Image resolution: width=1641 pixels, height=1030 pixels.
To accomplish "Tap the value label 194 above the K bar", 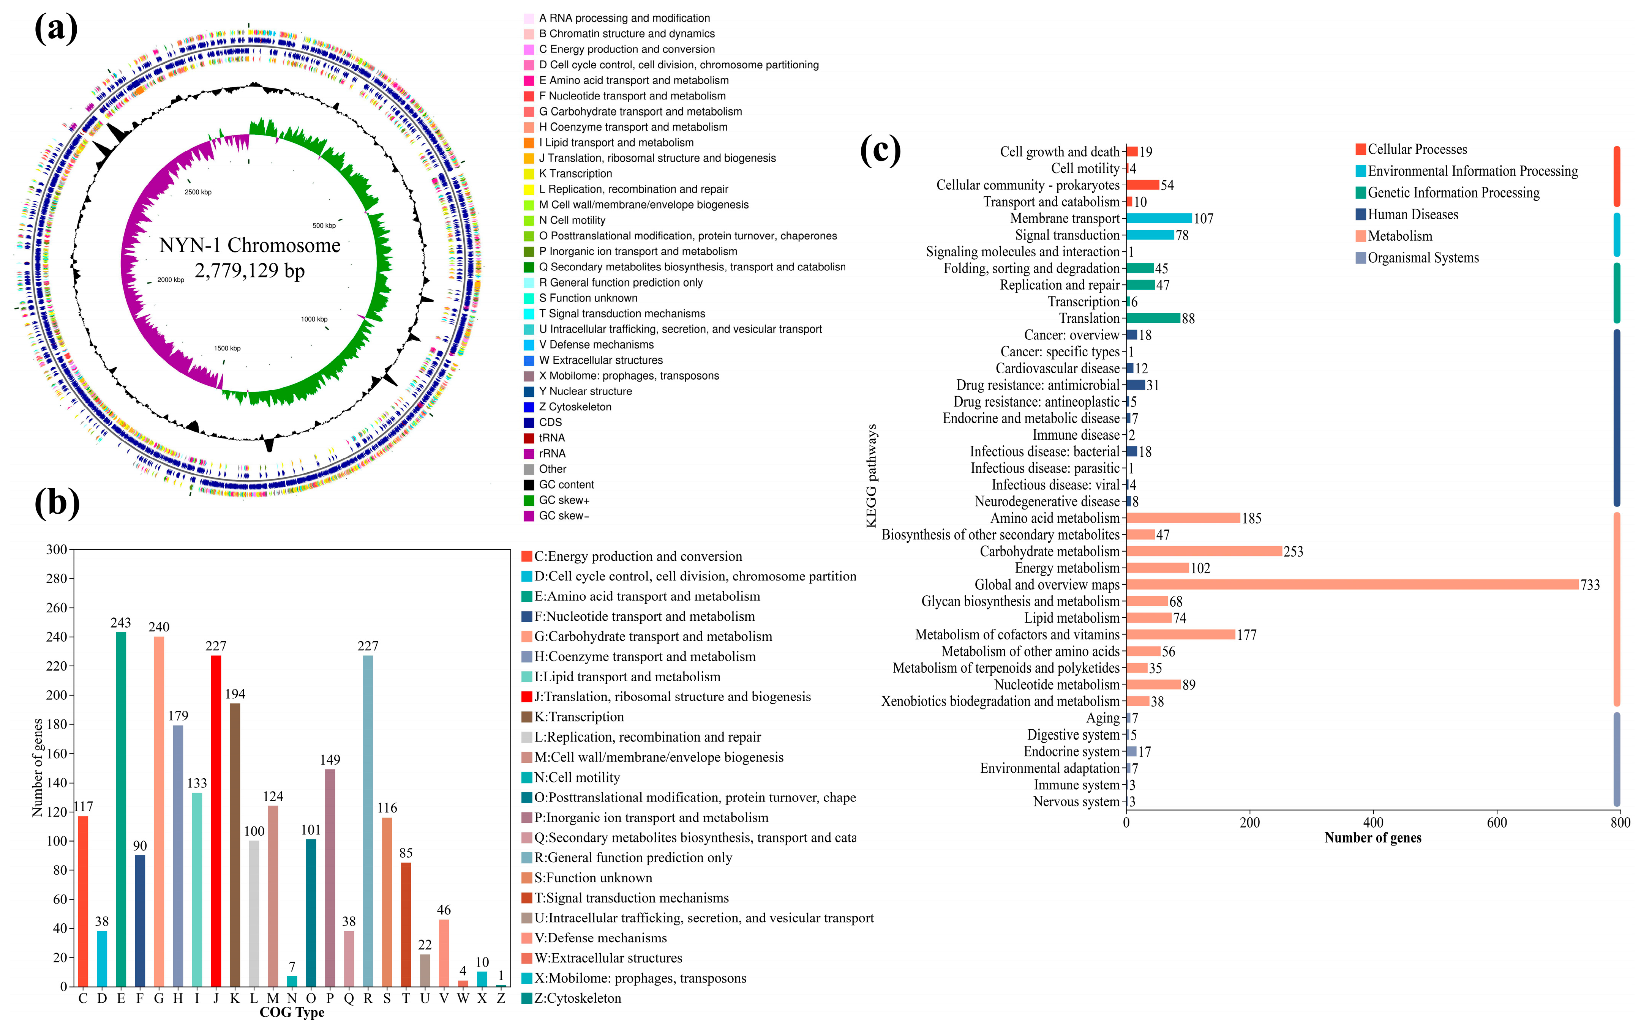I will [235, 694].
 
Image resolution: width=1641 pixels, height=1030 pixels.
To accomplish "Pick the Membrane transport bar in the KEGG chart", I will [1159, 218].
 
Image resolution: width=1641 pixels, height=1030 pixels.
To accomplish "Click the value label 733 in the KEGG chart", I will [1589, 585].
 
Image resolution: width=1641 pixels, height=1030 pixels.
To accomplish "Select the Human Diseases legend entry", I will [1413, 215].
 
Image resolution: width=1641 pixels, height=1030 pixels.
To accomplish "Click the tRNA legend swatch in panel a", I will [529, 438].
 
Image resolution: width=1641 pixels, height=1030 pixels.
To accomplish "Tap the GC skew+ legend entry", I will [564, 500].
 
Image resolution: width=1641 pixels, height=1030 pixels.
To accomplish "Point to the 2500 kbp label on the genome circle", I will [197, 192].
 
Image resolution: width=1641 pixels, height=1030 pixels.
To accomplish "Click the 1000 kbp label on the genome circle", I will [314, 319].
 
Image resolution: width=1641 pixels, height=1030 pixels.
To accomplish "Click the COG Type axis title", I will [292, 1012].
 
